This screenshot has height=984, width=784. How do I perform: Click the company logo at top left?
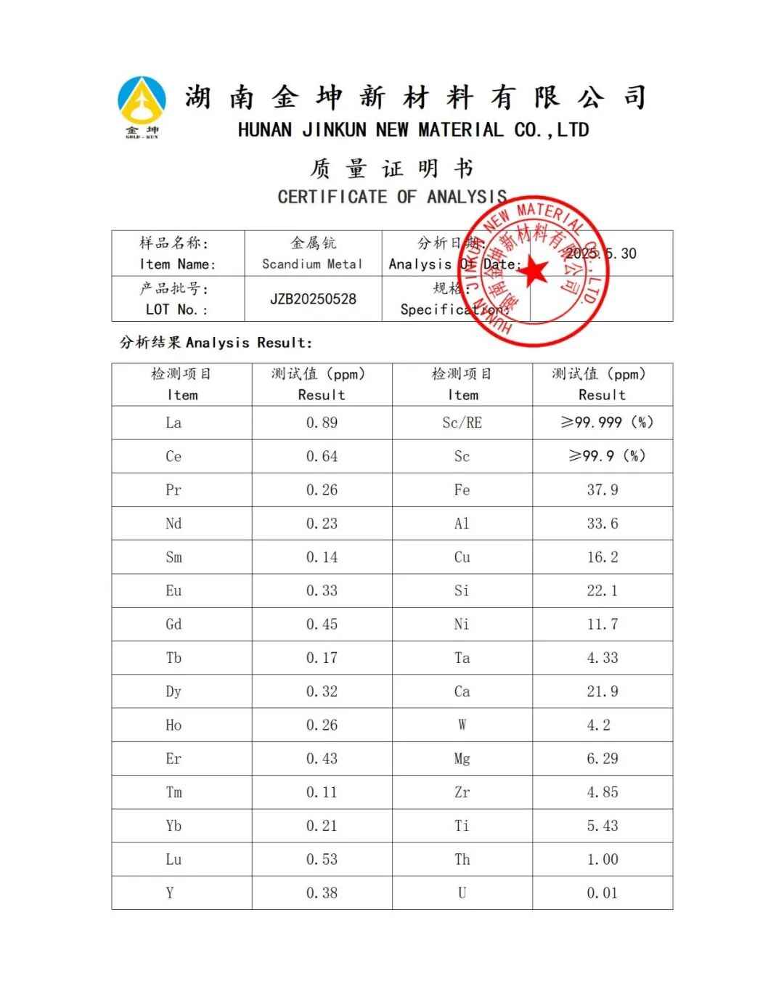142,106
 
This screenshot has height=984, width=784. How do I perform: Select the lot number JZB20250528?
313,299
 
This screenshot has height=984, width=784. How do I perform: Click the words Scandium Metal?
312,264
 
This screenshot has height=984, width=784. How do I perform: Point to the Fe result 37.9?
603,490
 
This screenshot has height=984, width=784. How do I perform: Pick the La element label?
173,423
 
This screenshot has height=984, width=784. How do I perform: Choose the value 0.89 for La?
322,423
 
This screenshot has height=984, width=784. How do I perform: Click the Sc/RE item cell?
462,423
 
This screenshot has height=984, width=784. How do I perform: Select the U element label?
462,893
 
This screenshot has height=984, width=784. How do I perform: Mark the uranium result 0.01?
603,893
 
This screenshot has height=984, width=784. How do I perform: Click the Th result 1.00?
603,860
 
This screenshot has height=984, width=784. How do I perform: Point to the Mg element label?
462,759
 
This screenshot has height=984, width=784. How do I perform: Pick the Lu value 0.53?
322,860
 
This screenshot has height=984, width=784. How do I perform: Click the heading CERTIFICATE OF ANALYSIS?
392,197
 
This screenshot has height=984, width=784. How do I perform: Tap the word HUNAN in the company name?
264,131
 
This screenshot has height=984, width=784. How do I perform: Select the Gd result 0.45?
322,625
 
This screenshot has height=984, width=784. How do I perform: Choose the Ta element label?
462,658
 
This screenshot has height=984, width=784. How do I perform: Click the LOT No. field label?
176,309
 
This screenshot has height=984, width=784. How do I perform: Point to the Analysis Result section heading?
216,343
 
